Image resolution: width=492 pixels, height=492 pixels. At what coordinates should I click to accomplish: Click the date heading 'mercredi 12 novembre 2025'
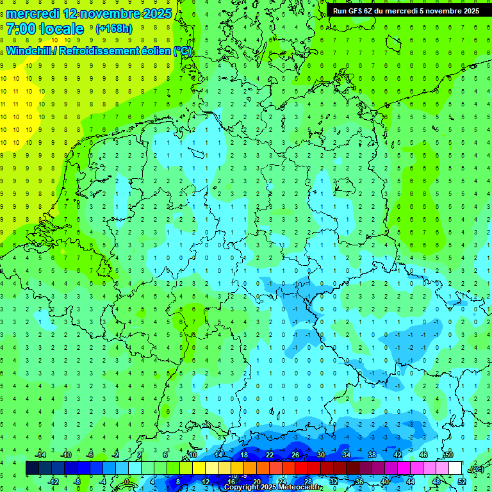(x=89, y=13)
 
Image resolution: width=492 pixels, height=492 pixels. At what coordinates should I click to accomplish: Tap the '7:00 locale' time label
(x=45, y=29)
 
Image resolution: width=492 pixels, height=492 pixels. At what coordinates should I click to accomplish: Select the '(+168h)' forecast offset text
(x=113, y=29)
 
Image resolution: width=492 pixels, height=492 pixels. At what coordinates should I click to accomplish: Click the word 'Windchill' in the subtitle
(x=29, y=51)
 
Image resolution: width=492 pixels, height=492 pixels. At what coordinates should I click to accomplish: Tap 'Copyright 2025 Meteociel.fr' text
(x=273, y=488)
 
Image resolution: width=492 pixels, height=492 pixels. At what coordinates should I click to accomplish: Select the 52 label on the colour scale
(x=462, y=481)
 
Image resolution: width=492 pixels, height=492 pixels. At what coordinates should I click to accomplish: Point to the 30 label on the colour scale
(x=321, y=455)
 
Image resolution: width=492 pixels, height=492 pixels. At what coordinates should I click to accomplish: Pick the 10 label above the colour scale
(x=193, y=455)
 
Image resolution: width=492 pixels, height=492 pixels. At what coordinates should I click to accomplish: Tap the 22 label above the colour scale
(x=270, y=455)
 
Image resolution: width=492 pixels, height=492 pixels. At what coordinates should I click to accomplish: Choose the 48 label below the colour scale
(x=436, y=481)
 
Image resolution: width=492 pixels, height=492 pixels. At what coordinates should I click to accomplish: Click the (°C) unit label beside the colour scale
(x=476, y=468)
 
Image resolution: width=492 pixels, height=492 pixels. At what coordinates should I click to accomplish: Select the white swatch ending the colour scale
(x=455, y=468)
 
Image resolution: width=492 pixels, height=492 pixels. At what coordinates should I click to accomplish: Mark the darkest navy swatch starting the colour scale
(x=32, y=468)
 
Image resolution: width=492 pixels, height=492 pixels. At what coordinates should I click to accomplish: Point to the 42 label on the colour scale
(x=398, y=455)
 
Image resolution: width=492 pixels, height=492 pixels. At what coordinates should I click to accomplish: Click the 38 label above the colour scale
(x=372, y=455)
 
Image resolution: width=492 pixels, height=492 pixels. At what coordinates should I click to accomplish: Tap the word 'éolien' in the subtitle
(x=154, y=51)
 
